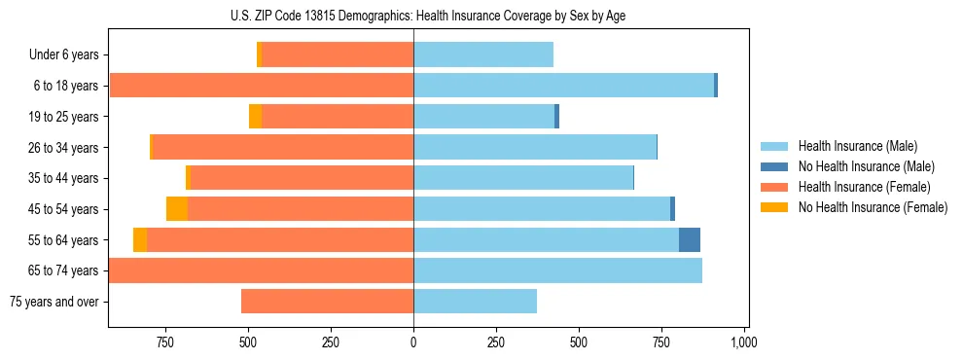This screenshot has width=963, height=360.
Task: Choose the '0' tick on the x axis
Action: click(x=413, y=342)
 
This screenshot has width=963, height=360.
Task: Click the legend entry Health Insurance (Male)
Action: click(x=857, y=147)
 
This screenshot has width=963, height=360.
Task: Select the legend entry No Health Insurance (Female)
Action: click(x=873, y=207)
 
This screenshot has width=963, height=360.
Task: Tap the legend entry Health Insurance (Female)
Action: click(x=864, y=187)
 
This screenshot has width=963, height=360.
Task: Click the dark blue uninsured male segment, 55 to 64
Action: click(x=690, y=239)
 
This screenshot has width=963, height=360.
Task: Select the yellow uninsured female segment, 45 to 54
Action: click(x=177, y=209)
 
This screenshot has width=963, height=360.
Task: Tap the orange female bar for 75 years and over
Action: click(x=327, y=302)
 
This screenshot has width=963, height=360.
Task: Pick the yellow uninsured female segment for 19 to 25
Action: click(x=255, y=117)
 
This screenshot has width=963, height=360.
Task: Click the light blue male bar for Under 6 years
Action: click(x=483, y=54)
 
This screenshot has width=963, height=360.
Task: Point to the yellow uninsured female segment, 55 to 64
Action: click(x=140, y=239)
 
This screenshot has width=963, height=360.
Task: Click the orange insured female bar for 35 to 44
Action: click(x=302, y=178)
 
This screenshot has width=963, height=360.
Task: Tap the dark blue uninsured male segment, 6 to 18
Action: click(x=716, y=86)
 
